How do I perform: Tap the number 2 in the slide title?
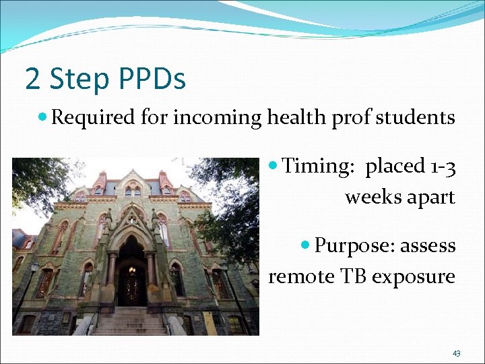pos(32,79)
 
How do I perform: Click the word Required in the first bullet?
pos(94,118)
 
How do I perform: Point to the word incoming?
pos(218,119)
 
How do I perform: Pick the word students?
pos(416,118)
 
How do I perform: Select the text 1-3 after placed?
pos(442,166)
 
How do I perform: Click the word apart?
pos(431,198)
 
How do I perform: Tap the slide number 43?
pos(456,353)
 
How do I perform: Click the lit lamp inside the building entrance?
pos(133,270)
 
